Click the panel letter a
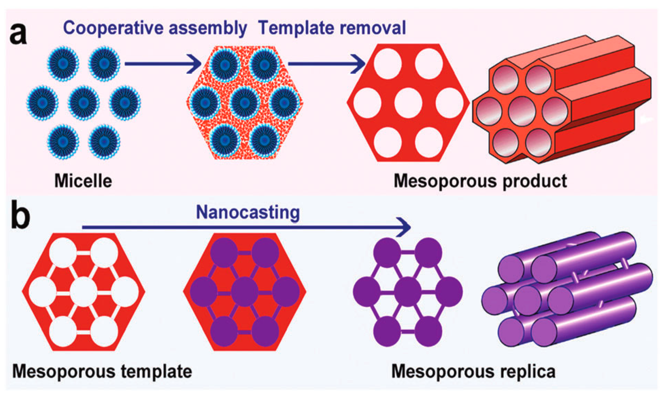click(x=18, y=34)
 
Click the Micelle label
click(x=83, y=181)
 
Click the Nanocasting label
click(x=248, y=213)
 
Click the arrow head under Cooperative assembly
click(x=195, y=64)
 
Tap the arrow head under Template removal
click(x=359, y=64)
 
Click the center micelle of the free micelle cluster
click(x=84, y=103)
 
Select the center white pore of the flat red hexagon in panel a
click(x=408, y=103)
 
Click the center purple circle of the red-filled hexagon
click(x=245, y=292)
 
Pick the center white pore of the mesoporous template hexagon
click(x=84, y=292)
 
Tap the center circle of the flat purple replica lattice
click(x=408, y=292)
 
